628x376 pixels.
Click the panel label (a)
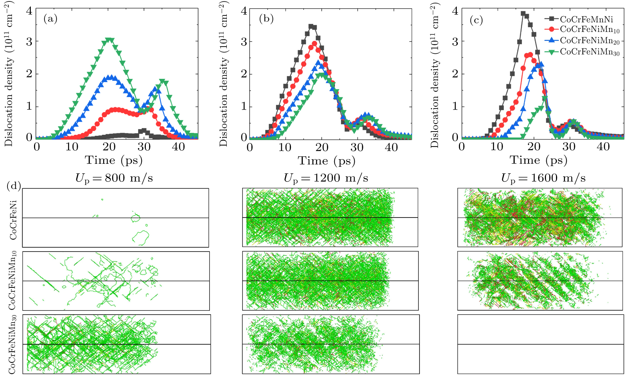point(51,19)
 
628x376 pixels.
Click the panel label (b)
point(266,19)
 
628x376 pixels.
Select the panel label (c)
point(476,20)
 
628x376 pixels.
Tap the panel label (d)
point(14,186)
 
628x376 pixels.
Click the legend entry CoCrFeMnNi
point(586,19)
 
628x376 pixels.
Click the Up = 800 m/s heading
point(114,178)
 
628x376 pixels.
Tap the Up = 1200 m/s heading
point(326,178)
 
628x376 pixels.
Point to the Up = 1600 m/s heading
point(543,178)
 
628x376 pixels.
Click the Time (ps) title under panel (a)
point(114,160)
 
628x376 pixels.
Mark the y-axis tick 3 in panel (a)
point(29,42)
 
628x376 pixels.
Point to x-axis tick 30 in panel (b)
point(357,147)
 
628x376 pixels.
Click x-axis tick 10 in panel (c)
point(497,147)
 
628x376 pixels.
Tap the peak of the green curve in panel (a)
point(110,40)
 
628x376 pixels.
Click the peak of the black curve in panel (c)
point(523,14)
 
